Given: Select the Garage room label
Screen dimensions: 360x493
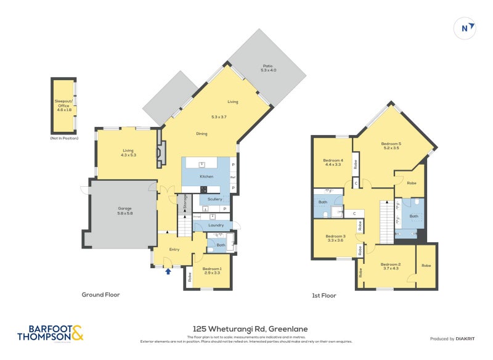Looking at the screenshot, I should point(125,210).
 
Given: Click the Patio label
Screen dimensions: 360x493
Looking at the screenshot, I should point(267,68).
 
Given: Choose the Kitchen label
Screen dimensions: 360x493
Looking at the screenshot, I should point(206,176).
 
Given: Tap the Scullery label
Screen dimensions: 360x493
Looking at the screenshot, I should point(214,199).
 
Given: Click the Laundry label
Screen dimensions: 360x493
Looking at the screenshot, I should point(216,225).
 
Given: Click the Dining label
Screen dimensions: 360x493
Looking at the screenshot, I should point(202,134).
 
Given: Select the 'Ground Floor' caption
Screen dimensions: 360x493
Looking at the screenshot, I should point(100,295).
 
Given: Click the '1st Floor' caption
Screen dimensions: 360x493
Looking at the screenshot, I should point(324,296).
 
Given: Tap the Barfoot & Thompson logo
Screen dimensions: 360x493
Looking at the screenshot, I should point(50,333).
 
